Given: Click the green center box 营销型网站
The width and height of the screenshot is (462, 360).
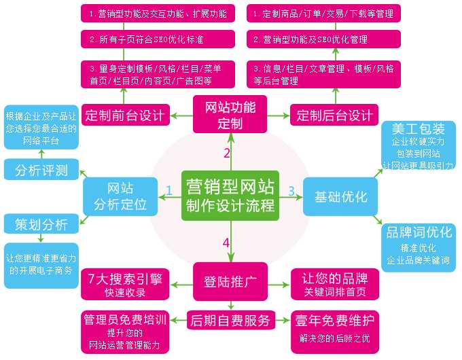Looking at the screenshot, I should point(230,195).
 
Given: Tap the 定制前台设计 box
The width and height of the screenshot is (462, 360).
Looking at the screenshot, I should point(126,115).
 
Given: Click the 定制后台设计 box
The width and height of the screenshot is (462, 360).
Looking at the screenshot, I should point(334,115).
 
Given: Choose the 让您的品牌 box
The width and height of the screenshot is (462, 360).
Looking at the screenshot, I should point(334,284).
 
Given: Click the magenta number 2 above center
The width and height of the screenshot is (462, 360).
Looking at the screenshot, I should point(227,153).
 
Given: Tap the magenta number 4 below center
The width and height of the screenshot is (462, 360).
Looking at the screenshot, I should point(226,242).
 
